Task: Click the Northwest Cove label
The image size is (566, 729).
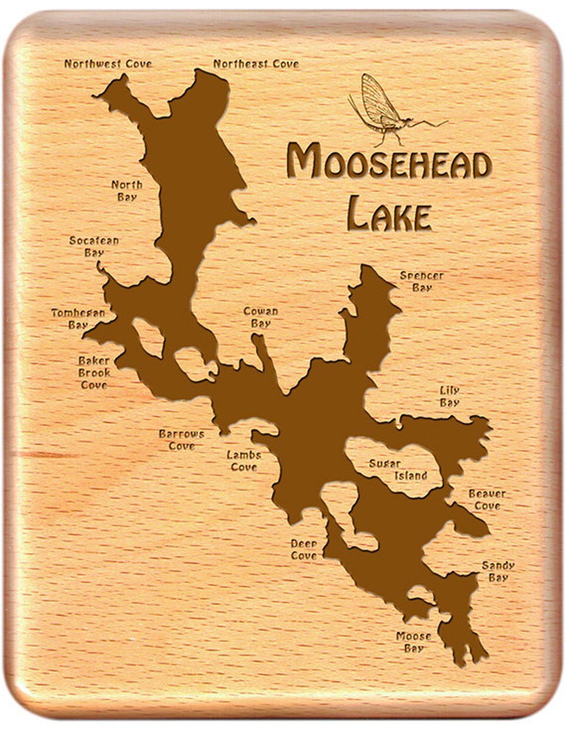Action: tap(108, 64)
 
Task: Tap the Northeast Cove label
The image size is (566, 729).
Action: tap(256, 64)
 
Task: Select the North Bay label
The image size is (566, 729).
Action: tap(127, 191)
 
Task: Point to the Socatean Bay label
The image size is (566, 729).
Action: tap(94, 246)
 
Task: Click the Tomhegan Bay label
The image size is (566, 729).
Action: tap(78, 319)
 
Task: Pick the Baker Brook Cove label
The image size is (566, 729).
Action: tap(94, 373)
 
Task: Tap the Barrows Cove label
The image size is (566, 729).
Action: tap(181, 440)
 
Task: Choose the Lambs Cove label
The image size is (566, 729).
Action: tap(244, 461)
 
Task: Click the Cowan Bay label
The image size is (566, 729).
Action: tap(260, 317)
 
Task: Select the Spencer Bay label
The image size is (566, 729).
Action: tap(422, 281)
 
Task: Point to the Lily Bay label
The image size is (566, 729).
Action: tap(450, 396)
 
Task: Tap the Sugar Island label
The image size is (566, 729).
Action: tap(398, 470)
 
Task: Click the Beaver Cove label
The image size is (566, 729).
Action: tap(487, 499)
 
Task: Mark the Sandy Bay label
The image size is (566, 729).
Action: tap(498, 571)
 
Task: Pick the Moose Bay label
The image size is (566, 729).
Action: tap(413, 642)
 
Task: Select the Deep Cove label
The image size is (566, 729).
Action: tap(304, 549)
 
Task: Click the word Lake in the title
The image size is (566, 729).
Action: tap(389, 213)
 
